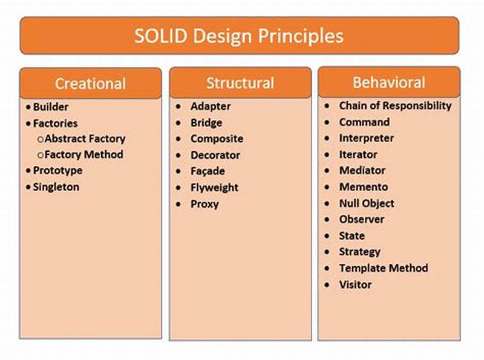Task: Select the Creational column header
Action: (90, 83)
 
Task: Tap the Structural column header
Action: (240, 83)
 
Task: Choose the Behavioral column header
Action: (388, 82)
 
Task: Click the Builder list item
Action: (50, 107)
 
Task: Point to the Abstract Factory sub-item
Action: (85, 139)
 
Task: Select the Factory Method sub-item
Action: (83, 154)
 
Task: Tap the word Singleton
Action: (56, 187)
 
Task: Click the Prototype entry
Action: (57, 171)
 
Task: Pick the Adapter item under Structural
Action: (210, 106)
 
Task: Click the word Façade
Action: (207, 172)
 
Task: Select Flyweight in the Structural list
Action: (214, 188)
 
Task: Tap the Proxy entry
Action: (204, 204)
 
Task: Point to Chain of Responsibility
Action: (395, 105)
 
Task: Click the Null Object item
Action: (366, 203)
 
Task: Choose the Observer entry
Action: (361, 219)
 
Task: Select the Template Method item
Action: (383, 268)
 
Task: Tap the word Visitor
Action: (355, 284)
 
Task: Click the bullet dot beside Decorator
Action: (178, 155)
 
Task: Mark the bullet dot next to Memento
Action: (327, 187)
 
